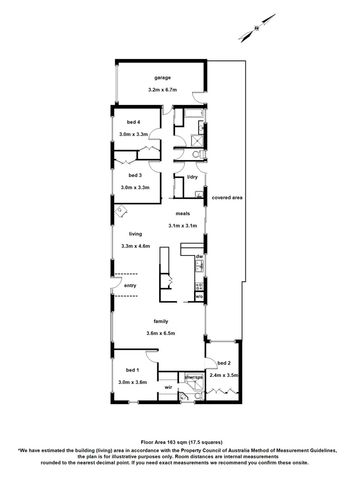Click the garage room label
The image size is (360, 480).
coord(163,78)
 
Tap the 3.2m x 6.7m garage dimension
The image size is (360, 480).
coord(163,90)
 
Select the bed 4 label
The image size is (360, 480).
coord(133,122)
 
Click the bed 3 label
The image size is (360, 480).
coord(135,175)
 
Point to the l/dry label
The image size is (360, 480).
coord(192,177)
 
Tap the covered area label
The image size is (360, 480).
coord(227,197)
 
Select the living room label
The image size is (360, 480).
coord(136,234)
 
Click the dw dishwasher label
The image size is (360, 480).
coord(200,256)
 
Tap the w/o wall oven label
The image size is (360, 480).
coord(199,296)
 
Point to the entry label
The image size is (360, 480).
coord(130,286)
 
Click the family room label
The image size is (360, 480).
coord(160,321)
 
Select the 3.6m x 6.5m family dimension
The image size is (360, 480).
coord(160,333)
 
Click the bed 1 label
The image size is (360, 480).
coord(132,370)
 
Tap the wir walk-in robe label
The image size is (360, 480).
coord(168,387)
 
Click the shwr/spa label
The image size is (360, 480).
coord(194,377)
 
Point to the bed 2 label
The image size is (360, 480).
coord(224,363)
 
